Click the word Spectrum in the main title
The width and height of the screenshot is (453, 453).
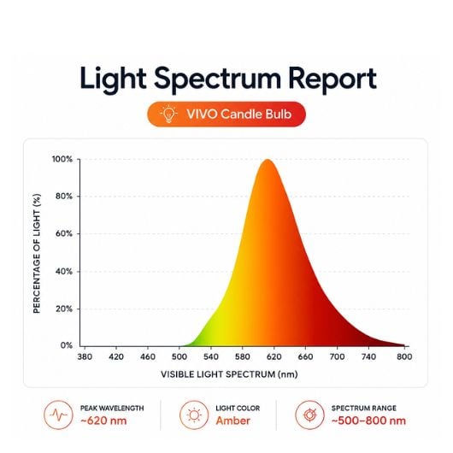(x=218, y=79)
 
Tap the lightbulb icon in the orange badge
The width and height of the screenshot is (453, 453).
(x=168, y=115)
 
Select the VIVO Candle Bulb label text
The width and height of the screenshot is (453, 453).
(x=239, y=115)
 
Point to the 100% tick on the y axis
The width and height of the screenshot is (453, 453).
(x=62, y=159)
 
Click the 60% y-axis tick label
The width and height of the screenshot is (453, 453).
(x=64, y=233)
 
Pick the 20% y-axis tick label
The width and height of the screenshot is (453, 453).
(x=64, y=309)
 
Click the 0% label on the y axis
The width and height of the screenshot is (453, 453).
(x=67, y=345)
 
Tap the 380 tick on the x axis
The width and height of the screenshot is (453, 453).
(x=85, y=356)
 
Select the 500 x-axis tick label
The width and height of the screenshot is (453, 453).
(x=179, y=356)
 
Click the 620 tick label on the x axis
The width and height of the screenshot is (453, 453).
(x=274, y=356)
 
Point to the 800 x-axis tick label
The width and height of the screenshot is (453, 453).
(x=404, y=356)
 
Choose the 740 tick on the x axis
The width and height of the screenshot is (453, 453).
(x=368, y=356)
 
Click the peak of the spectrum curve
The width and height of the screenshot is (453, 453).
(x=268, y=160)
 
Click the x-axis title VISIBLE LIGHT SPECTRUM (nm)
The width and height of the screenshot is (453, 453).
(x=229, y=374)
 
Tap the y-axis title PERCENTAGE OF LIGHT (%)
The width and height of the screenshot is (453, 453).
(x=37, y=253)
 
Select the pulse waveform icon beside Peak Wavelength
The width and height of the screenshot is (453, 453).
(x=58, y=415)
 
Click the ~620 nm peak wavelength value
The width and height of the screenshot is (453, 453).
(x=103, y=421)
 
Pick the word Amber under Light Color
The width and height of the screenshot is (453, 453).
(x=232, y=421)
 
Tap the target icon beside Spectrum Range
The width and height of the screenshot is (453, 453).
(x=309, y=415)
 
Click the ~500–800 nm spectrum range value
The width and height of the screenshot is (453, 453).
(x=368, y=421)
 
